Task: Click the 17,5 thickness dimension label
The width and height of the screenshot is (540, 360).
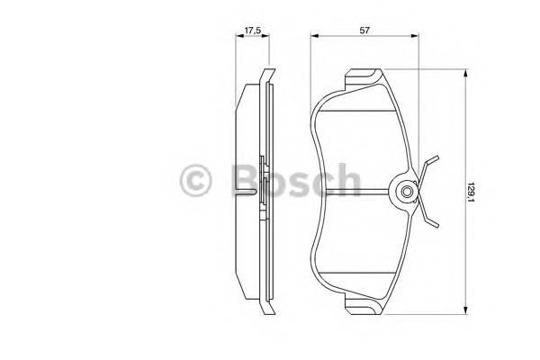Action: click(x=252, y=30)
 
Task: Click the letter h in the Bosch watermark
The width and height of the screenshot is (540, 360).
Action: click(x=346, y=179)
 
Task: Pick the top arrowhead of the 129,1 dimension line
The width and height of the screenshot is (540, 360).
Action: click(x=463, y=76)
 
